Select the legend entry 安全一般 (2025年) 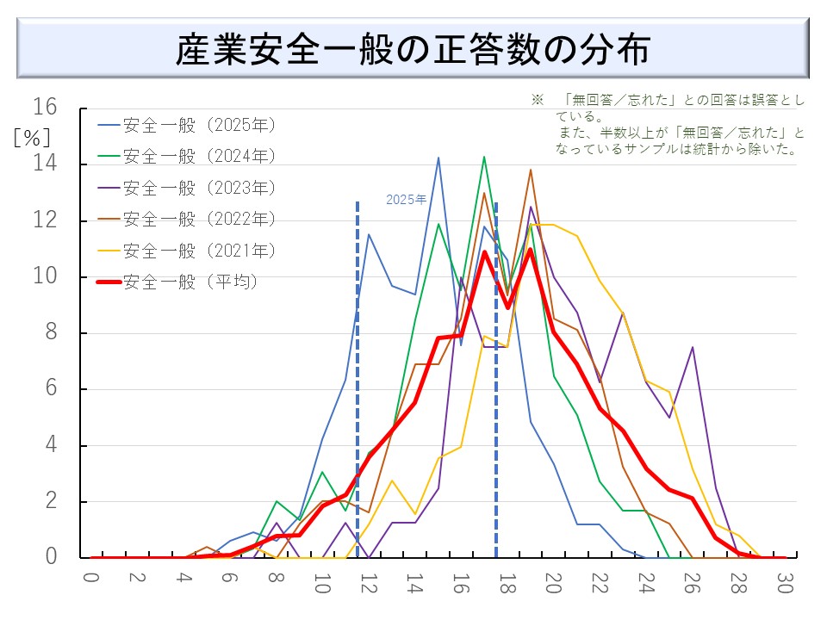[199, 125]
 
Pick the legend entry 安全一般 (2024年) [199, 156]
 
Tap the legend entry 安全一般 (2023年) [199, 188]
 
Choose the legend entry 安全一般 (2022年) [199, 219]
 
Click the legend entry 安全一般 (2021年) [199, 251]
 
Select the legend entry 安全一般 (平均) [190, 282]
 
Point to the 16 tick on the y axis [45, 108]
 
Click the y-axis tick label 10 [45, 276]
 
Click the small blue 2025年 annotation [406, 200]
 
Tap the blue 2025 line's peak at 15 [438, 158]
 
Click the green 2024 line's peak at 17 [484, 157]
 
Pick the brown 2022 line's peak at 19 [530, 170]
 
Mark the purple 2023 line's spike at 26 [692, 347]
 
